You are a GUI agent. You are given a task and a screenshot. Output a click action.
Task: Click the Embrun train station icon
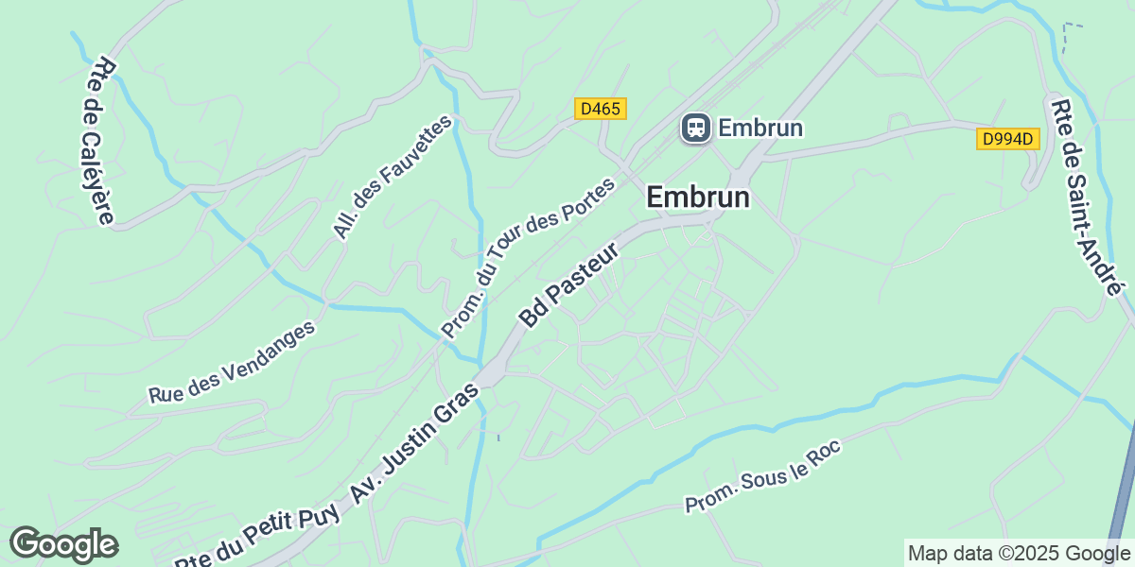(696, 128)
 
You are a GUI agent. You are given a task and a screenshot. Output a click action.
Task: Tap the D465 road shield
(601, 109)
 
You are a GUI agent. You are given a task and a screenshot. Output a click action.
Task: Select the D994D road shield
(1008, 139)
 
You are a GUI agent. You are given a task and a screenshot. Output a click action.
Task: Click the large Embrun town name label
(698, 198)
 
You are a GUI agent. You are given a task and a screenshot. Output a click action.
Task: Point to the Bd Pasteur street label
(569, 284)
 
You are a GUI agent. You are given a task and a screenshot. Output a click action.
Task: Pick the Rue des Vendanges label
(232, 364)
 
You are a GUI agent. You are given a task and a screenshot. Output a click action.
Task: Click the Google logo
(63, 544)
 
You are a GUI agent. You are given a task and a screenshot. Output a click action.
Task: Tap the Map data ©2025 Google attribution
(1018, 553)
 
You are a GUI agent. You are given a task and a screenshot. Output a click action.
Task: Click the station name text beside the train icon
(760, 128)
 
